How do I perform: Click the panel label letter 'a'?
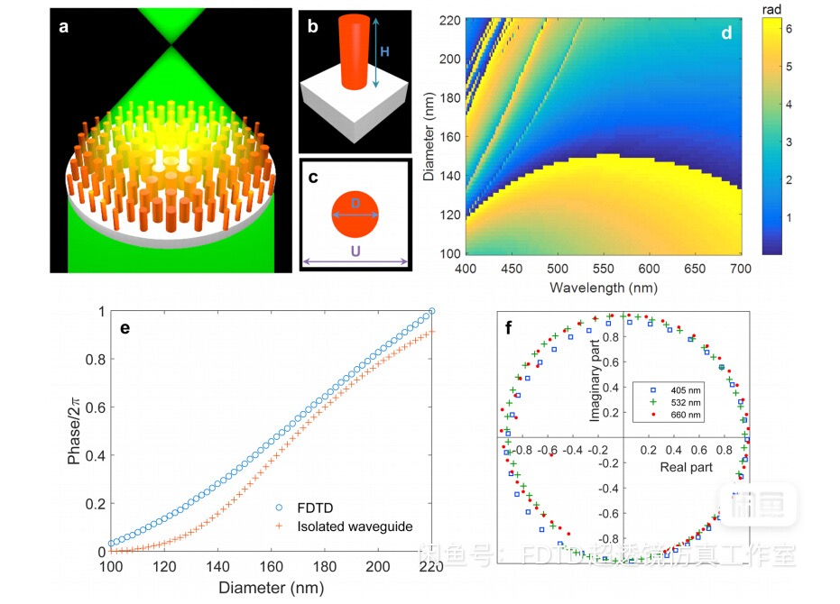(x=63, y=26)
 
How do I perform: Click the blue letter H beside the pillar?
(x=384, y=53)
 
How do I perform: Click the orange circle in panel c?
(x=354, y=214)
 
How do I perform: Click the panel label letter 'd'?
(x=725, y=33)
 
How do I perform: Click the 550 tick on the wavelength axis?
(x=511, y=270)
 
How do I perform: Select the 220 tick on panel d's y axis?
(x=451, y=20)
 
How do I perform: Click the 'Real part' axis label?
(x=687, y=467)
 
